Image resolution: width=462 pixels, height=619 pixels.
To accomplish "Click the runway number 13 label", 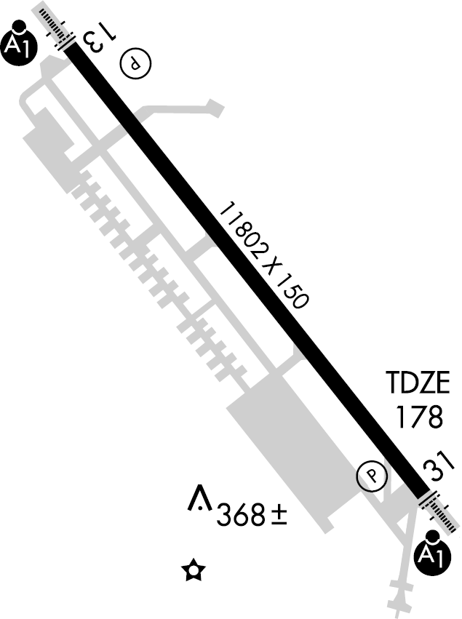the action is (x=100, y=39).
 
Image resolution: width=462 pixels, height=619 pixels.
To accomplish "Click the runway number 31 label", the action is (x=438, y=468).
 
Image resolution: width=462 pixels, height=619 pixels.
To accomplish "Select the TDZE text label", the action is (x=418, y=382).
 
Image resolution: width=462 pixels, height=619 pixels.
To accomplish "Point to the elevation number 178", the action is (x=419, y=417).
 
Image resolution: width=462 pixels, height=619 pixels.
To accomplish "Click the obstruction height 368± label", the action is (x=252, y=514).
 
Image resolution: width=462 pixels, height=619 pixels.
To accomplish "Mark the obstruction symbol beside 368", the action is (x=200, y=498).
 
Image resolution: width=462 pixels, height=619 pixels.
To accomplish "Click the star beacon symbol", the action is (x=194, y=570).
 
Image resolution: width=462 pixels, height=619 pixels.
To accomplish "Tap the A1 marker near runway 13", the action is (x=20, y=44).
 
